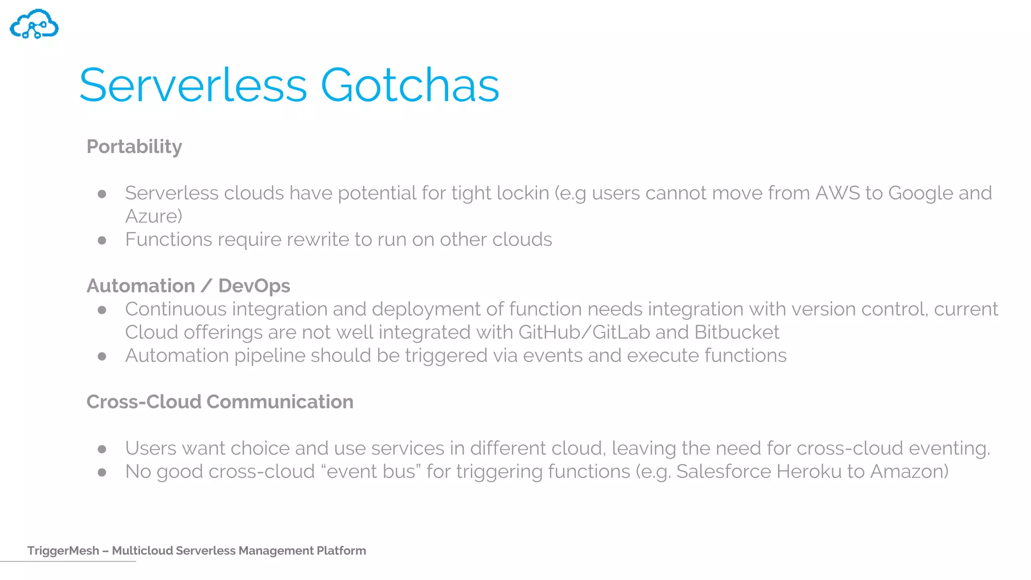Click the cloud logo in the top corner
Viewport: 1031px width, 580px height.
[x=34, y=24]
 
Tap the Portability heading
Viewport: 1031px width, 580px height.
[x=134, y=147]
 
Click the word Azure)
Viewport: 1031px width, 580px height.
[x=154, y=216]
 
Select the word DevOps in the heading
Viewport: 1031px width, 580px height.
[x=254, y=286]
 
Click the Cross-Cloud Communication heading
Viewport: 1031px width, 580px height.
[x=219, y=402]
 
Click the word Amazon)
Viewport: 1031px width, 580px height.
[x=909, y=472]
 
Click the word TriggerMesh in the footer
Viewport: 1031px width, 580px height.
[x=63, y=551]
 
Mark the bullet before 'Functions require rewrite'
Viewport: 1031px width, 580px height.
[x=102, y=241]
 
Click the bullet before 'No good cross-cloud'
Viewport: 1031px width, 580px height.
[x=102, y=472]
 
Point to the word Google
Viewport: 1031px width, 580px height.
[x=920, y=193]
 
